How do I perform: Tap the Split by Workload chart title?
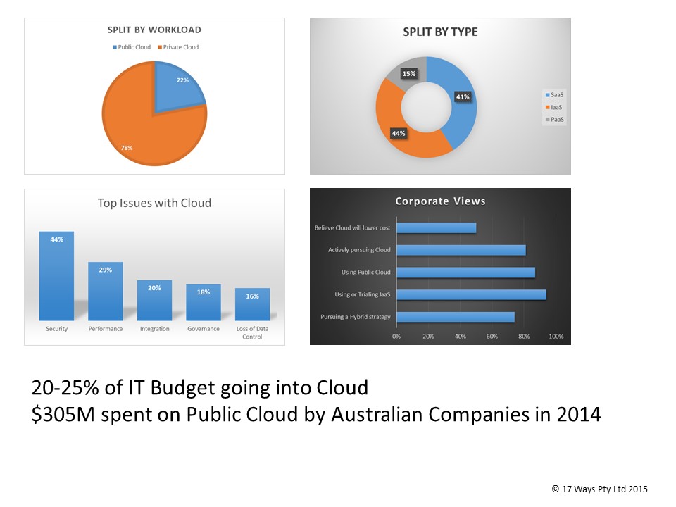click(x=154, y=30)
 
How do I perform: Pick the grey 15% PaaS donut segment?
click(x=409, y=74)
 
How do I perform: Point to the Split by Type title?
click(x=439, y=32)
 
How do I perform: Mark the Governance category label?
click(x=203, y=329)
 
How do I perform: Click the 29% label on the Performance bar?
click(x=106, y=270)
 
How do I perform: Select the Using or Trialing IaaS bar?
click(x=471, y=294)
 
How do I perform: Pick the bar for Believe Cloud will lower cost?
click(x=437, y=227)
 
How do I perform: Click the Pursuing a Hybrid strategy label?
click(x=356, y=317)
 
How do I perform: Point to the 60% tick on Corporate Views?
click(x=492, y=337)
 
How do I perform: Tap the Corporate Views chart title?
click(x=440, y=201)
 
